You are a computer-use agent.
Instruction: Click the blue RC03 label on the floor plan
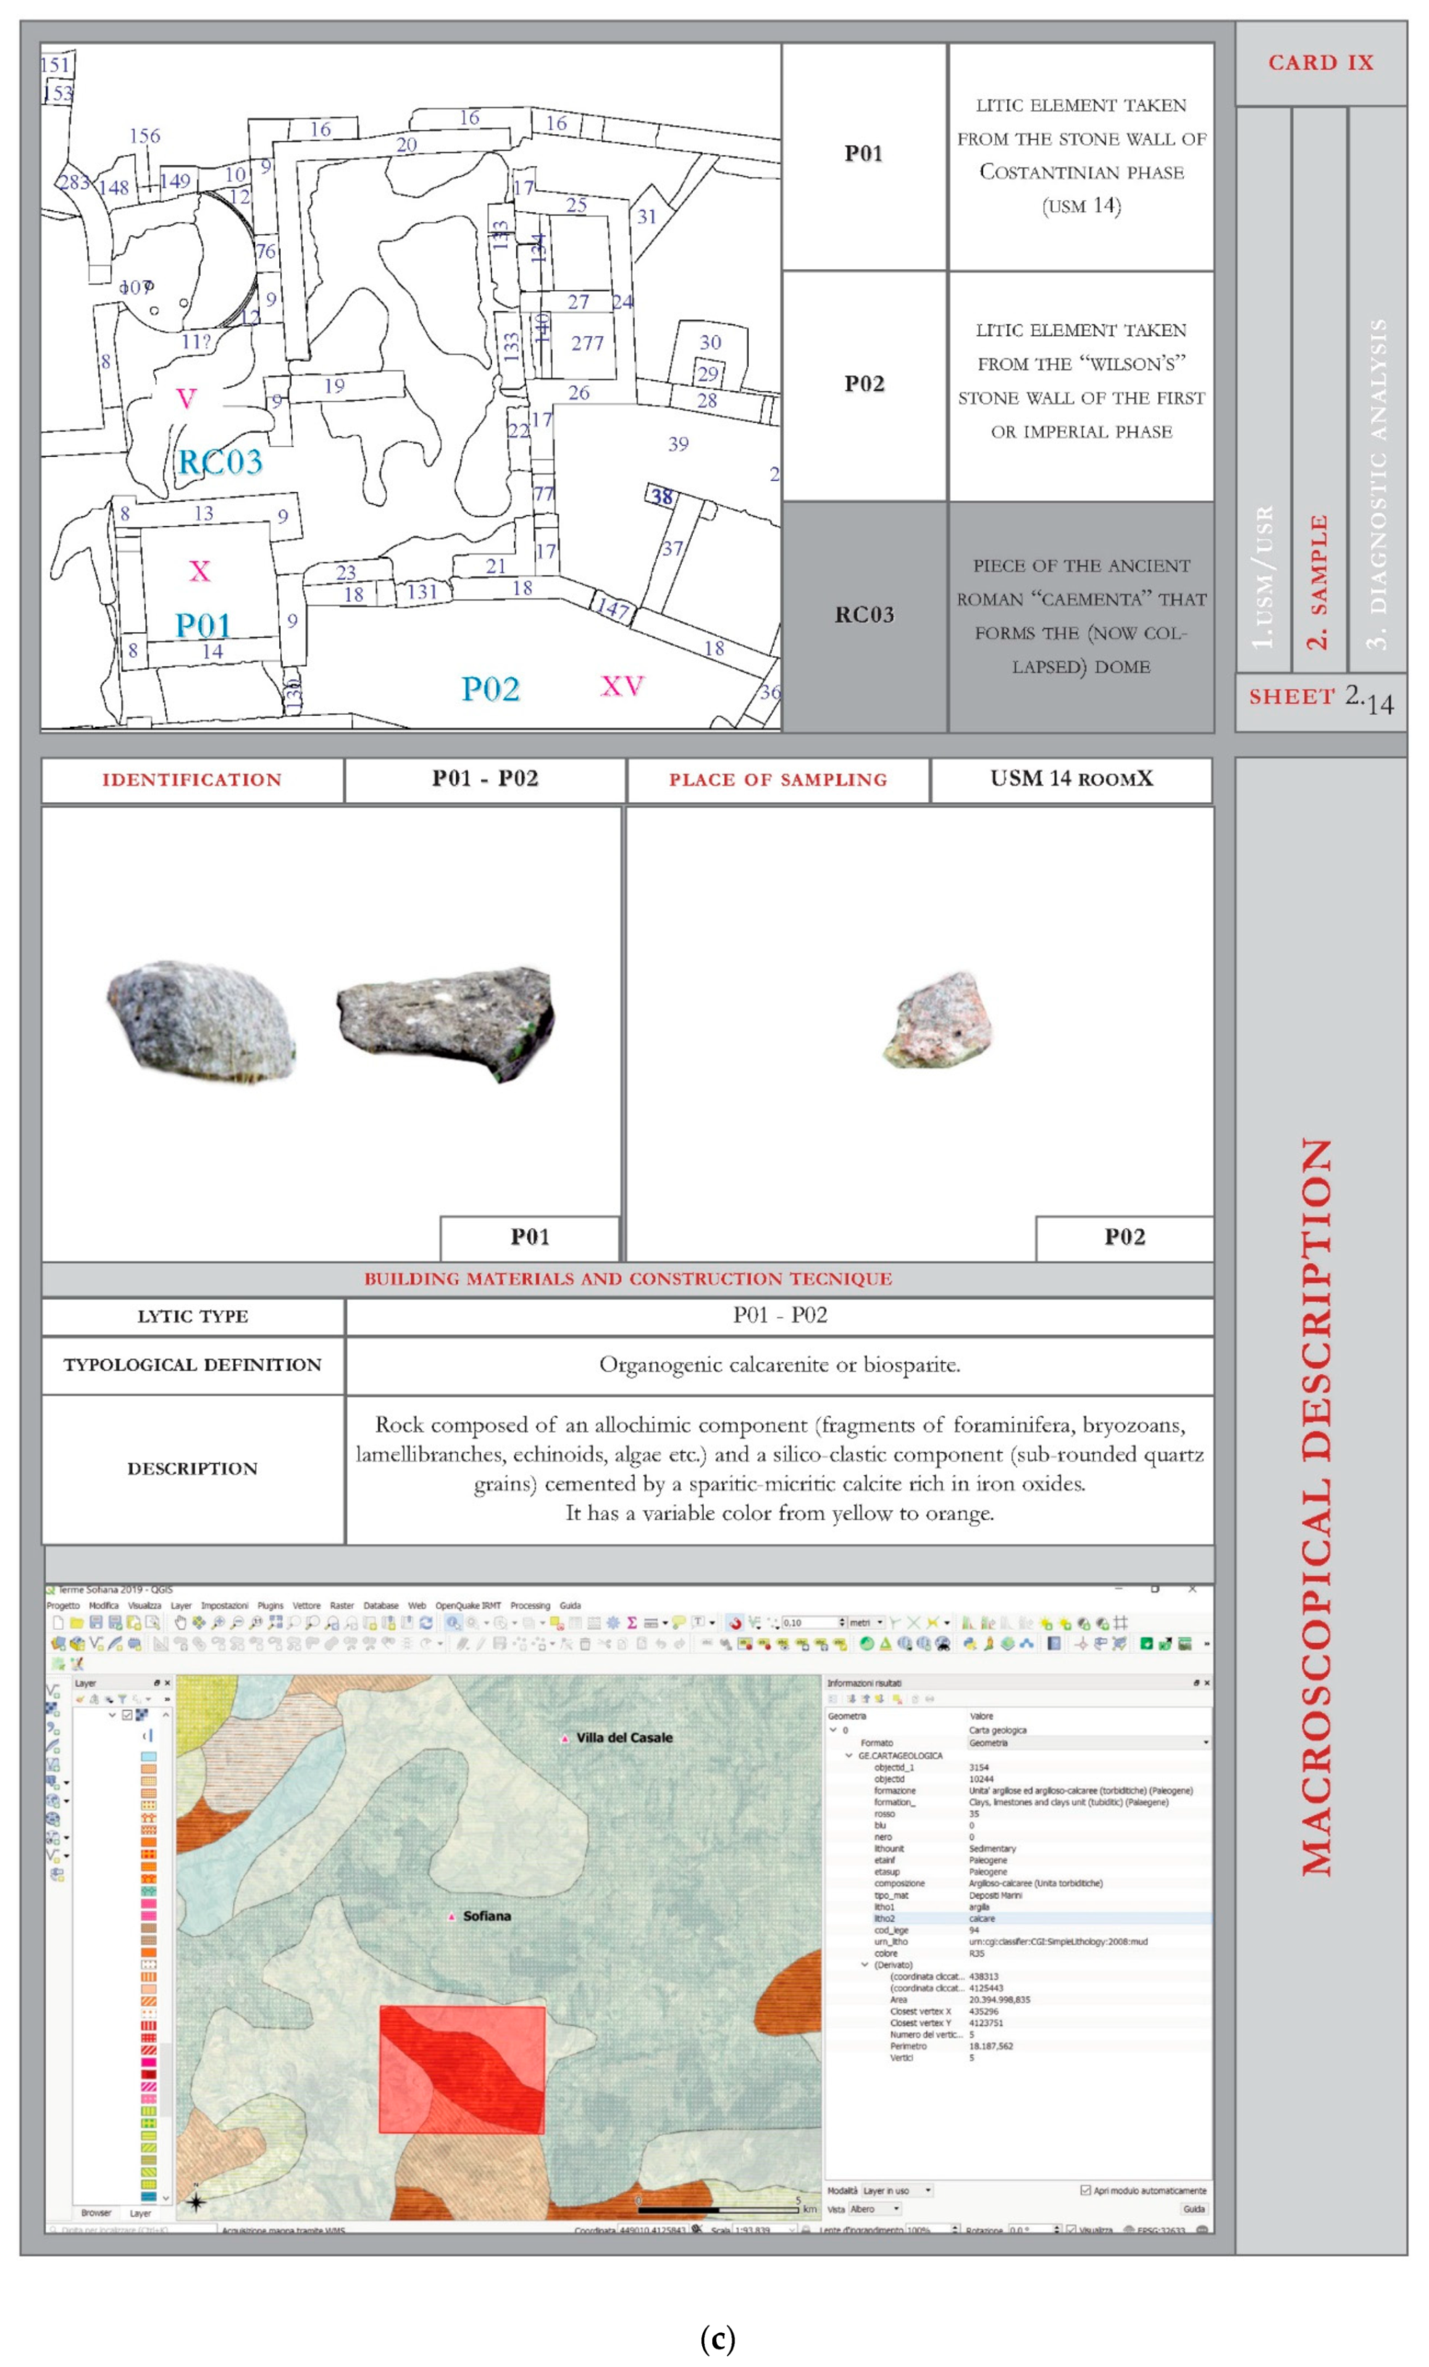pos(220,462)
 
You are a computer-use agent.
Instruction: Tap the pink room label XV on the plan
pos(622,686)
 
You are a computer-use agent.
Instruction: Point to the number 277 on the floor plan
pos(587,343)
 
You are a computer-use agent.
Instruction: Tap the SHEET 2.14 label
pos(1320,698)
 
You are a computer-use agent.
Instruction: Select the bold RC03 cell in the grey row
pos(864,615)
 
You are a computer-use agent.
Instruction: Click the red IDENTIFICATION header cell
pos(192,780)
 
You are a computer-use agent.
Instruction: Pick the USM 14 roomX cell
pos(1071,779)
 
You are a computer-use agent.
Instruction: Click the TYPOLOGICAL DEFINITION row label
pos(192,1365)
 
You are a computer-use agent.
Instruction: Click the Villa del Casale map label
pos(624,1738)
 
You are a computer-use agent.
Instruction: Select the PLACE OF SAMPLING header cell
pos(777,780)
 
